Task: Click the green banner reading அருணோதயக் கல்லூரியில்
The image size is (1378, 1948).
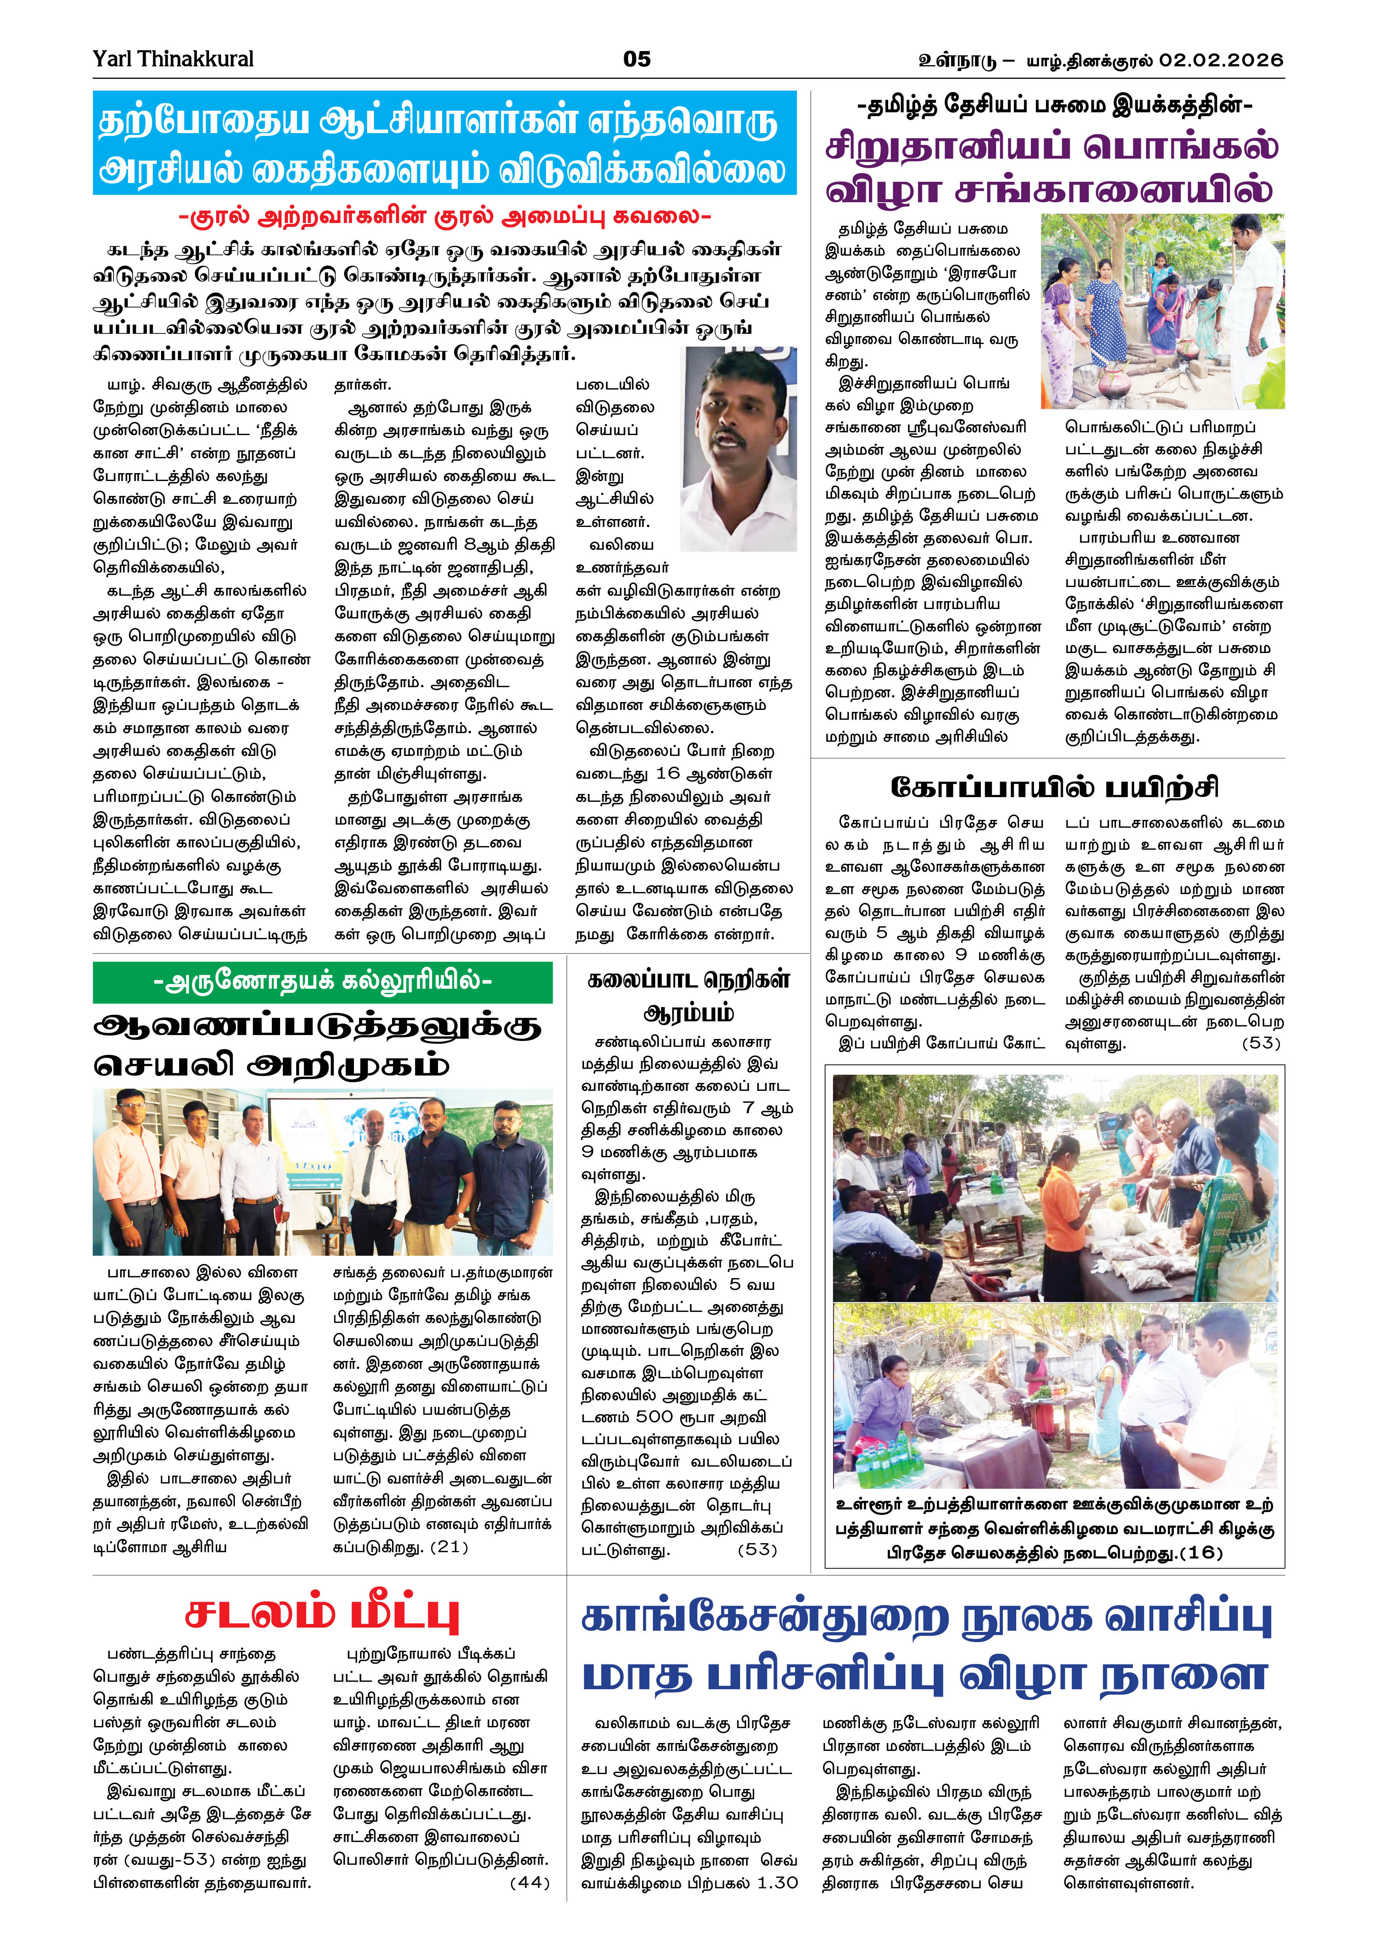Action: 323,982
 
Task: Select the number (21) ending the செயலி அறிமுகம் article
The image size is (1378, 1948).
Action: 449,1546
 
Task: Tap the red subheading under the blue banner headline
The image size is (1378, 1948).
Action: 445,217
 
